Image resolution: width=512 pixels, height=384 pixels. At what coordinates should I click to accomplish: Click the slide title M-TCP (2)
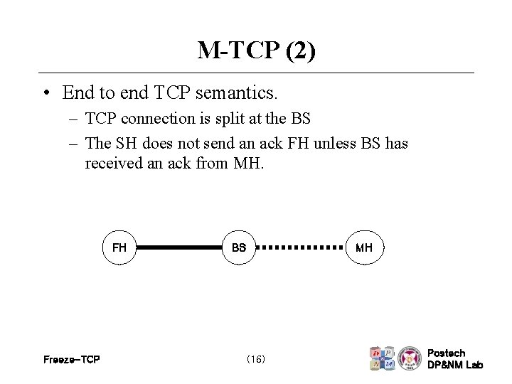tap(256, 50)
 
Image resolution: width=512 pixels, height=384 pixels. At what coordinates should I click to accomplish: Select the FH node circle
tap(119, 248)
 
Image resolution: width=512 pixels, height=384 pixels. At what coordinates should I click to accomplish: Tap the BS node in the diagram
tap(239, 248)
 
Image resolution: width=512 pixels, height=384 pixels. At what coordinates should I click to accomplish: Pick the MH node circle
tap(363, 248)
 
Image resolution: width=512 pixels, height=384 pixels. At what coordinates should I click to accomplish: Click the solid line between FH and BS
tap(179, 248)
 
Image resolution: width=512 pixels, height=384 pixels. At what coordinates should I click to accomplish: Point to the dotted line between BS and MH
tap(299, 248)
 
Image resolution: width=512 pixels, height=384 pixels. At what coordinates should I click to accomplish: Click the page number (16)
tap(255, 360)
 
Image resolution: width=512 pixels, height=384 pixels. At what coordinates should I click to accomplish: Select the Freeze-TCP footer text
tap(72, 360)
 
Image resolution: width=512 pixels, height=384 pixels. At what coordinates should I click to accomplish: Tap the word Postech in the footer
tap(447, 353)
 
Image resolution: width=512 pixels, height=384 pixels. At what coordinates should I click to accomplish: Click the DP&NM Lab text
tap(454, 365)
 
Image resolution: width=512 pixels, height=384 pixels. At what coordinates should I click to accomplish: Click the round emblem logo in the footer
tap(410, 358)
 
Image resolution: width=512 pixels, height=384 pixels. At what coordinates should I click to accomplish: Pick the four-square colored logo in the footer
tap(382, 358)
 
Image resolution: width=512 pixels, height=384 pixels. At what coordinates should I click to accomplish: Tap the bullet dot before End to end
tap(45, 93)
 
